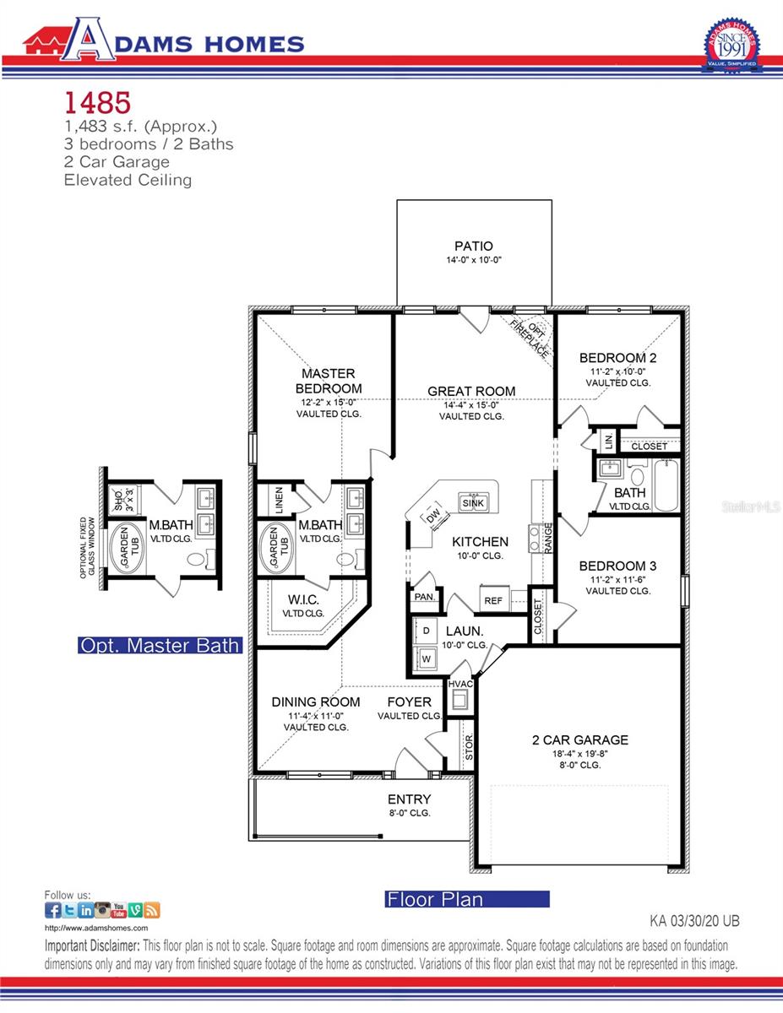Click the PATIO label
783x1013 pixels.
(x=473, y=246)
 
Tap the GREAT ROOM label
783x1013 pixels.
(x=471, y=391)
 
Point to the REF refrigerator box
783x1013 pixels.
(x=492, y=601)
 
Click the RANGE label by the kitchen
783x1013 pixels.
(x=548, y=537)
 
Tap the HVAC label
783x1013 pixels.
(x=459, y=684)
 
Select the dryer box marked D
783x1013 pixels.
(x=426, y=631)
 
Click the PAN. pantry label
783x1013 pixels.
(x=424, y=597)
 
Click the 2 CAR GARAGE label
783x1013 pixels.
(x=579, y=740)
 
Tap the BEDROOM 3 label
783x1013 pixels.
(x=617, y=566)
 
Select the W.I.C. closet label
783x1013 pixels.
(x=302, y=600)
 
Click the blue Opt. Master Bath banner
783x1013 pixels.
(x=159, y=646)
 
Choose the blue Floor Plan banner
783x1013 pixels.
(x=466, y=899)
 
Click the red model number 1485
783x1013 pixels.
(x=97, y=103)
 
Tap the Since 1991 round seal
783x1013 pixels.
(x=731, y=46)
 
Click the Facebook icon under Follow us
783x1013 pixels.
(x=52, y=910)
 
